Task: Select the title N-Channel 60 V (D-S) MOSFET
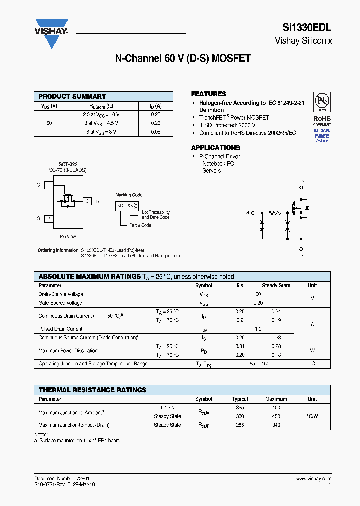tap(183, 59)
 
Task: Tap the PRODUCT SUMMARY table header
tap(72, 96)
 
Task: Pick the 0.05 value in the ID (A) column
tap(156, 132)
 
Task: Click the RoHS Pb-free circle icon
tap(322, 102)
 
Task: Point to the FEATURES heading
tap(208, 94)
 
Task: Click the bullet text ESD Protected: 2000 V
tap(228, 125)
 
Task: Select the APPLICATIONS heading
tap(215, 148)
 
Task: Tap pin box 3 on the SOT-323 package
tap(87, 201)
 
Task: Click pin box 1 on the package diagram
tap(49, 185)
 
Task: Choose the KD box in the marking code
tap(120, 206)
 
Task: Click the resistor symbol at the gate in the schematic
tap(275, 212)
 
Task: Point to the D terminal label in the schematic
tap(302, 182)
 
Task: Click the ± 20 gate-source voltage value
tap(258, 303)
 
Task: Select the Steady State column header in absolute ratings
tap(276, 286)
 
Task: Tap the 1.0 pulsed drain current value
tap(258, 329)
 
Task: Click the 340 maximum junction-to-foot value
tap(276, 425)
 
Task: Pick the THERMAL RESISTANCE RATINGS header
tap(92, 390)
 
